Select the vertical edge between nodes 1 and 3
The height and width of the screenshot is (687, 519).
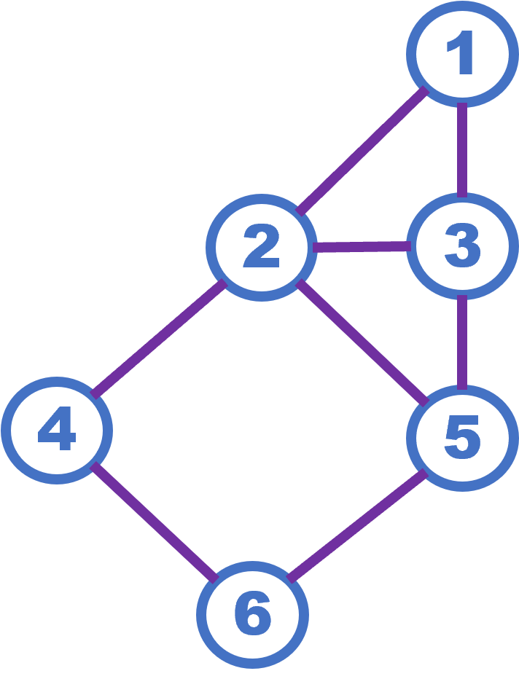point(462,149)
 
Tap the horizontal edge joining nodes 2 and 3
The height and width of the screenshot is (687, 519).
point(361,247)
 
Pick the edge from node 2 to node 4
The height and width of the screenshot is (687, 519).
point(159,339)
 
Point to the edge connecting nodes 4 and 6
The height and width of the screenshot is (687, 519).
point(155,521)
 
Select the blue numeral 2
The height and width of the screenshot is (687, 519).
point(262,247)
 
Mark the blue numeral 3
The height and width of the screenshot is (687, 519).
point(463,246)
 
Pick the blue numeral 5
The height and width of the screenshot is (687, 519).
point(462,437)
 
